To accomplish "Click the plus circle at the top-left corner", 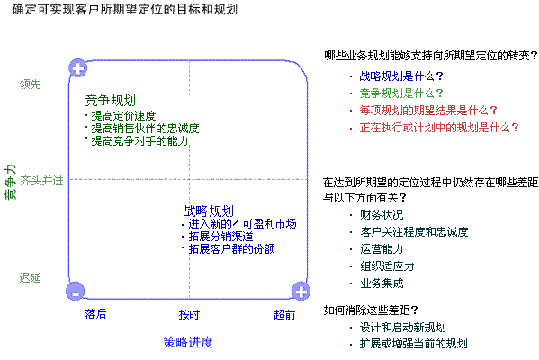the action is coord(78,68).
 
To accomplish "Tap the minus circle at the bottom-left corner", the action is coord(76,292).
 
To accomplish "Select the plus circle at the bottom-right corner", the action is coord(301,292).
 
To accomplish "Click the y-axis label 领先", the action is coord(31,85).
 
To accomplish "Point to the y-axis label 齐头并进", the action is coord(41,181).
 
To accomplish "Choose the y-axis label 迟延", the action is coord(31,277).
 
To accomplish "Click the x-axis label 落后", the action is coord(95,314).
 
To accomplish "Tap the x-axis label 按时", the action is coord(189,315).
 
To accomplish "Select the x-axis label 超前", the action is coord(284,315).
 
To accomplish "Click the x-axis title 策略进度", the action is coord(188,342).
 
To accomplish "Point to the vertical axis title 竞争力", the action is coord(10,182).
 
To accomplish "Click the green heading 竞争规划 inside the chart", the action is coord(111,101).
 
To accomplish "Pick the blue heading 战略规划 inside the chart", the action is coord(209,211).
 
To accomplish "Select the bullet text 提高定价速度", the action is coord(124,116).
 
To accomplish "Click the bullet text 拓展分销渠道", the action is coord(221,236).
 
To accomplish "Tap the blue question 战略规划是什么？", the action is coord(401,76).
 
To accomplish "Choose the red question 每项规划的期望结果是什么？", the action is coord(428,111).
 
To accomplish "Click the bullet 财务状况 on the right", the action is coord(382,215).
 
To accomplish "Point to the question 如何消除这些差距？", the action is coord(371,310).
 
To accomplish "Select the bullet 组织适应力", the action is coord(387,266).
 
